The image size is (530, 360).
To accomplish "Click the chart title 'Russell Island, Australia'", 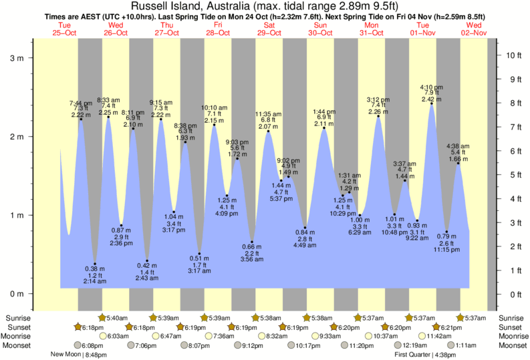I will [194, 6].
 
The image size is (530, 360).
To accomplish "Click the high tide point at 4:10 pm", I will [431, 104].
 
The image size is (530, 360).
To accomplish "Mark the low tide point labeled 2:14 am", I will [95, 264].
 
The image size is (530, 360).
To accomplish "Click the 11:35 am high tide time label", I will [268, 114].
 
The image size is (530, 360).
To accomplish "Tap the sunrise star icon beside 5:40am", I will [102, 317].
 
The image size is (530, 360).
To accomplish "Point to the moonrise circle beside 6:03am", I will [102, 337].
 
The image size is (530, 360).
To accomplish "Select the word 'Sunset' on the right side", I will [511, 327].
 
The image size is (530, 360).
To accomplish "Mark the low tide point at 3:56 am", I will [252, 242].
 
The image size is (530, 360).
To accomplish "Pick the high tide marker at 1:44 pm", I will [324, 128].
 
